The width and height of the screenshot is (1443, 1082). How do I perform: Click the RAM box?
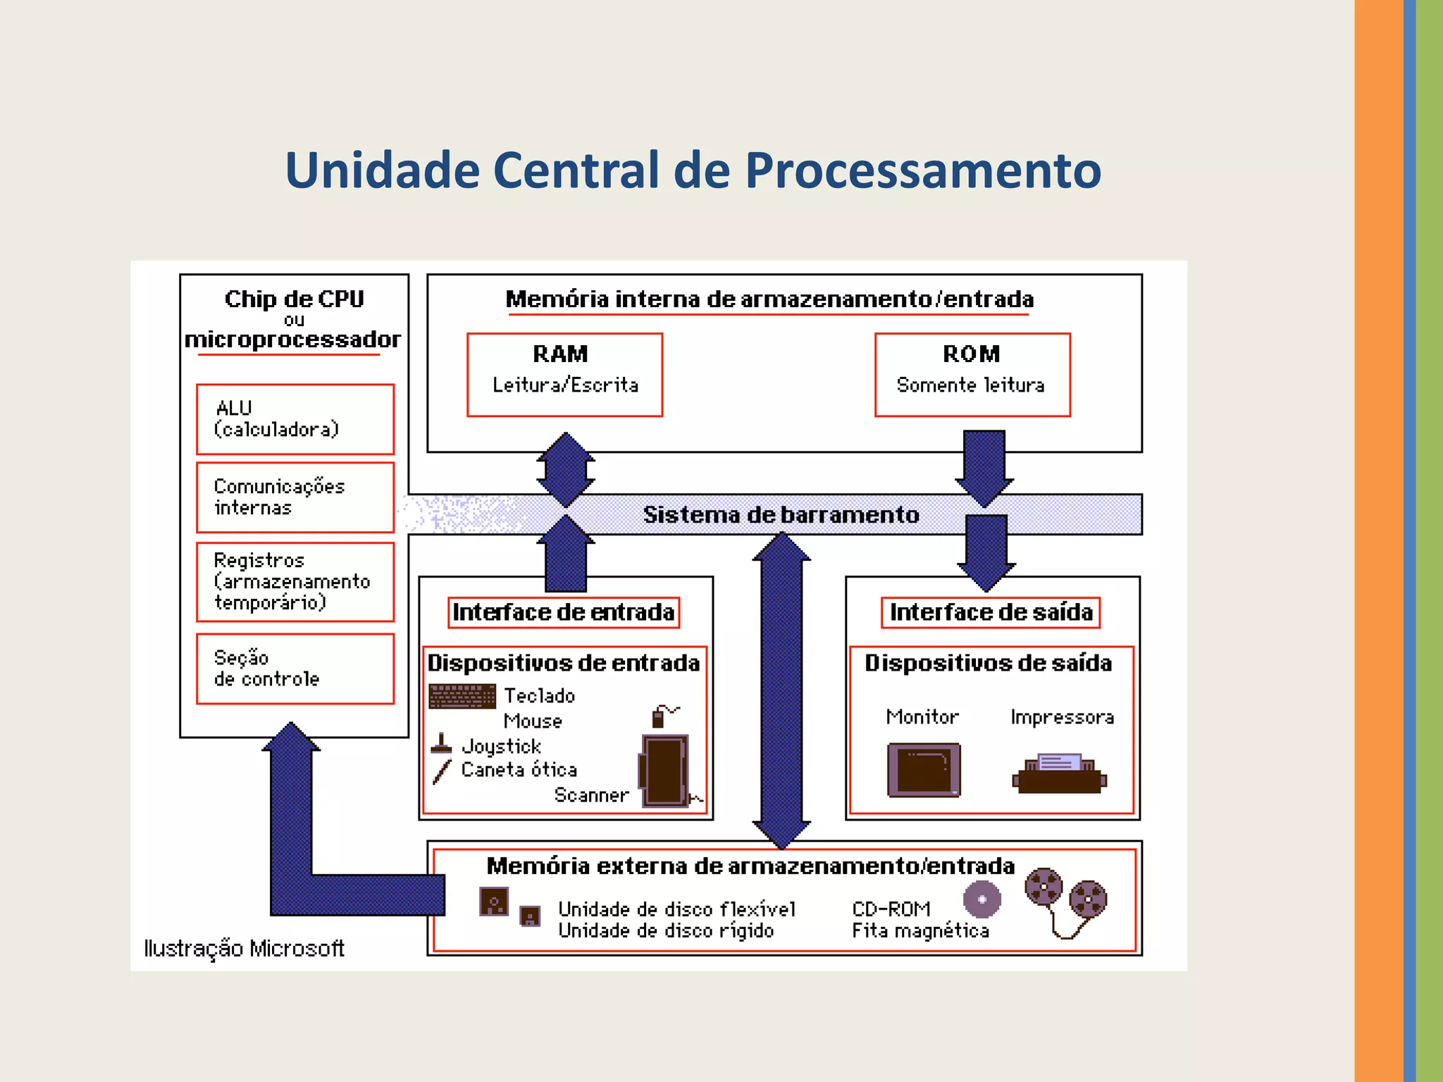pos(564,374)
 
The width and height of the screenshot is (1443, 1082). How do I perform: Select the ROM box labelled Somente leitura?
pos(972,374)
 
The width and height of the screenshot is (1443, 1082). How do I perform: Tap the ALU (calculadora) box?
pos(295,419)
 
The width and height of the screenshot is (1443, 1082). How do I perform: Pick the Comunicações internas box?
pos(295,497)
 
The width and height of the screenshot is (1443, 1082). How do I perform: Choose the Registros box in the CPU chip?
pos(295,581)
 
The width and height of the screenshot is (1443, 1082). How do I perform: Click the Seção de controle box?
pos(295,669)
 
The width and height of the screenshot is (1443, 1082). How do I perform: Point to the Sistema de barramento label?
pos(781,515)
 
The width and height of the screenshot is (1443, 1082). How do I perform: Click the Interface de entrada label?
pos(564,612)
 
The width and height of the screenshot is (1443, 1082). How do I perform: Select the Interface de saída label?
pos(990,612)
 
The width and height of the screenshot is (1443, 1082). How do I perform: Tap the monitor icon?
pos(923,769)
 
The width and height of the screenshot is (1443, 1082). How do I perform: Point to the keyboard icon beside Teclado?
pos(462,697)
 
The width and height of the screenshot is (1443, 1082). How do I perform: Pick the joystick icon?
pos(441,744)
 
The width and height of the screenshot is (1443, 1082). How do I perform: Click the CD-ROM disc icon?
pos(981,899)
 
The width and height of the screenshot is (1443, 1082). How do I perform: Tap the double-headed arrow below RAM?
pos(565,469)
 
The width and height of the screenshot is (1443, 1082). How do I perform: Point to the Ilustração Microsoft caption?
pos(244,948)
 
